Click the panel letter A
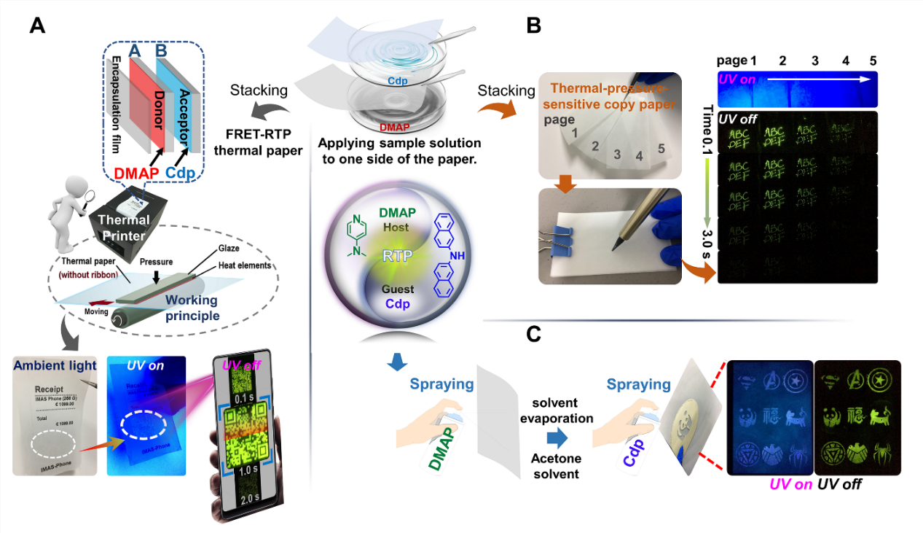click(x=38, y=26)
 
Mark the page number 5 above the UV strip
click(x=872, y=60)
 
